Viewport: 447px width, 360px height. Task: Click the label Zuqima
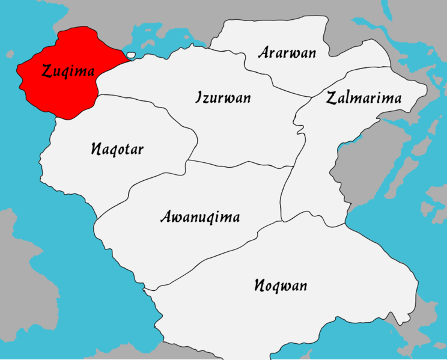[68, 72]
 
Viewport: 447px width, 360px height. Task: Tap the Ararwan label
[287, 52]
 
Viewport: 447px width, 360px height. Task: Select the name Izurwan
[223, 97]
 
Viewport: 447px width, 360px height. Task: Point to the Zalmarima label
[363, 99]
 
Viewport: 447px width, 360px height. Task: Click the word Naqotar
[117, 149]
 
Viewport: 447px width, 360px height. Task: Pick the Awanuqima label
[200, 216]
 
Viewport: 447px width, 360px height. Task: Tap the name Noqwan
[280, 285]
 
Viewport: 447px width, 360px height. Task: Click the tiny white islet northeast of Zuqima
[131, 56]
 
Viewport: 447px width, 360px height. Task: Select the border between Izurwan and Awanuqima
[240, 164]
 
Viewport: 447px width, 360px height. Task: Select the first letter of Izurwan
[199, 97]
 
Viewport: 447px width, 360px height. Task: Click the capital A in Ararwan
[264, 52]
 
